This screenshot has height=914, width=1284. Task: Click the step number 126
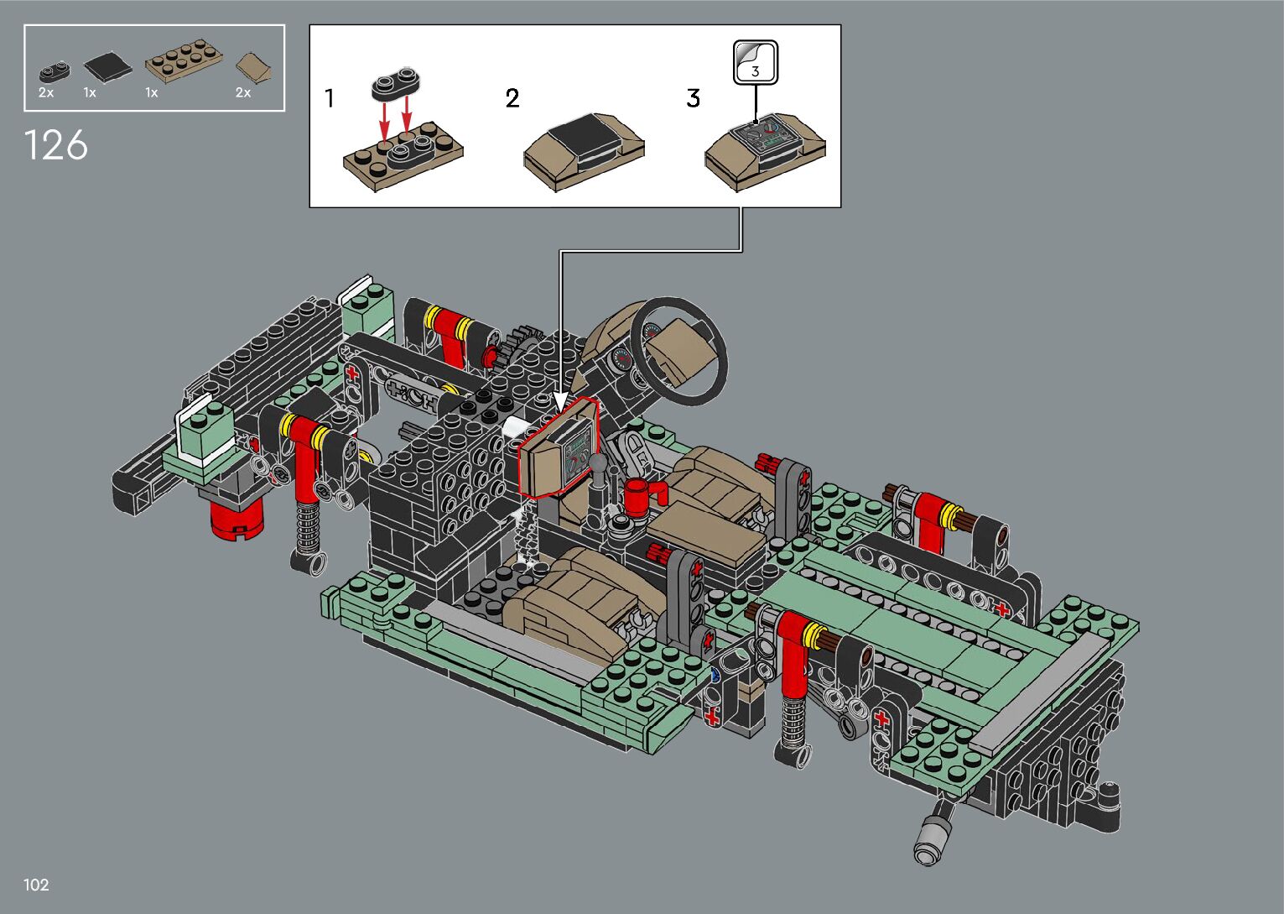tap(55, 145)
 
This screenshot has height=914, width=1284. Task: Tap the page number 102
tap(36, 885)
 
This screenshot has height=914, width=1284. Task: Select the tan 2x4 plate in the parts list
tap(184, 60)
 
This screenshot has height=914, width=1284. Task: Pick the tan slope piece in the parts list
tap(254, 69)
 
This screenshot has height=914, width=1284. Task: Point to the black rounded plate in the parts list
tap(55, 71)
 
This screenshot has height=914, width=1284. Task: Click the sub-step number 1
tap(329, 98)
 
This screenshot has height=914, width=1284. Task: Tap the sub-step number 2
tap(512, 98)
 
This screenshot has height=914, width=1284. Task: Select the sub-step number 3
tap(693, 98)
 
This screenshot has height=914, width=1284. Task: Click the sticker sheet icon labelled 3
tap(756, 63)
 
